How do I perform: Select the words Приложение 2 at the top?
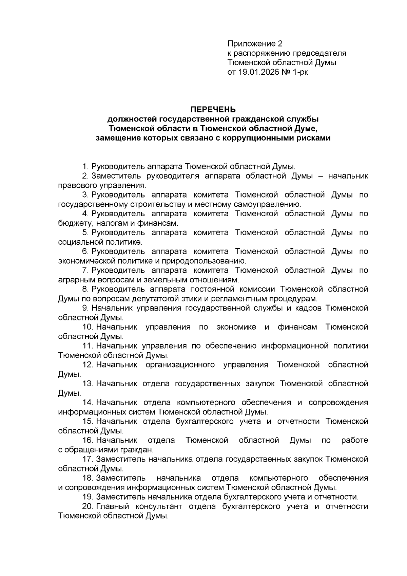click(x=255, y=43)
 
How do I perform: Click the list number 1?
click(x=85, y=167)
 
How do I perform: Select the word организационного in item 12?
click(x=180, y=365)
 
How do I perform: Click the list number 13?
click(x=88, y=384)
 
